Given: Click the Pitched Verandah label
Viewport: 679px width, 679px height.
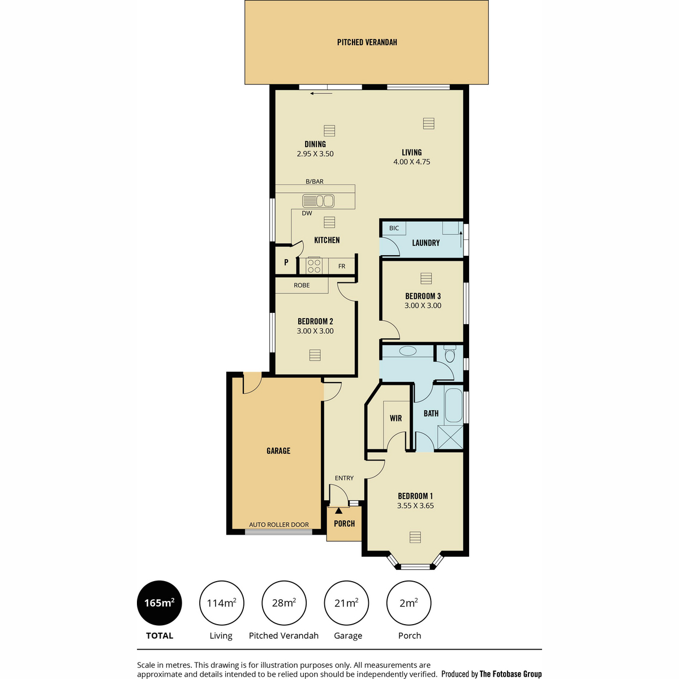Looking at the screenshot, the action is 367,42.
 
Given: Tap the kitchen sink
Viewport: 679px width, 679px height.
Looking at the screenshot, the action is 318,201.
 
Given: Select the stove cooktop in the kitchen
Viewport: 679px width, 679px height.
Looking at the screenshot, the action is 313,265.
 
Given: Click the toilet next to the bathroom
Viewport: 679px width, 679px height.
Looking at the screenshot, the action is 450,354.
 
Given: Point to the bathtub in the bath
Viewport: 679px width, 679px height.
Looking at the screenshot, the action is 453,405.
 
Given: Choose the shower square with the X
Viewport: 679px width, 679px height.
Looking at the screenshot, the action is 450,437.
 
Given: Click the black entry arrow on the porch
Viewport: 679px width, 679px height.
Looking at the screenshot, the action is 338,510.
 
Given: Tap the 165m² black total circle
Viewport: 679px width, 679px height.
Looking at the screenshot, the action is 159,603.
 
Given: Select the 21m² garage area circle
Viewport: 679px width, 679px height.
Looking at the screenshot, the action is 346,603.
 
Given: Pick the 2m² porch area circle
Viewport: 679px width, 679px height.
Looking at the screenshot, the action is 409,603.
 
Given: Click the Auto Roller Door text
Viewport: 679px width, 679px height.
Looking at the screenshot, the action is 279,525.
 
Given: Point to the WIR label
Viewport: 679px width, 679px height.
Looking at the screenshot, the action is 396,418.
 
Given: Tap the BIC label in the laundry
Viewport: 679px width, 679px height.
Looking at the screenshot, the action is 394,228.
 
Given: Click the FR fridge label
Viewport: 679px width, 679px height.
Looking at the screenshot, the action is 341,267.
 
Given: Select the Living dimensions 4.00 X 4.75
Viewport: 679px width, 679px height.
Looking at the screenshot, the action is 411,162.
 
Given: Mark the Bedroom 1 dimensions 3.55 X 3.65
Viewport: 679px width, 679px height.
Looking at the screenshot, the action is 415,506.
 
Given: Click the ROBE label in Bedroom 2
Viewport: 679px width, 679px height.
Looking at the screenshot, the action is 302,285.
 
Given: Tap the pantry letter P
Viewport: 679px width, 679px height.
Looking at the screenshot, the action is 286,262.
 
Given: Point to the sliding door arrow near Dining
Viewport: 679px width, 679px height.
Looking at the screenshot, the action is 321,93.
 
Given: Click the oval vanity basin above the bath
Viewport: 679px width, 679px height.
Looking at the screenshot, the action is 407,351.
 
